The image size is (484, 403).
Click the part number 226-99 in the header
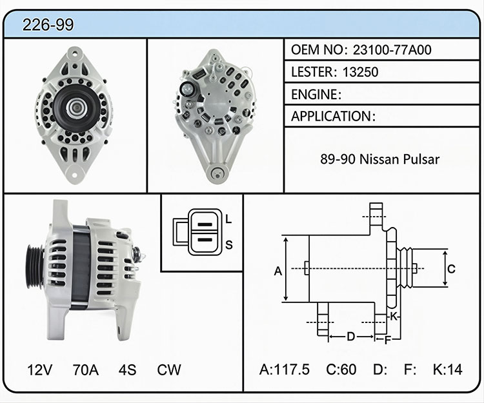(x=48, y=25)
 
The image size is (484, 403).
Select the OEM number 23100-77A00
(x=392, y=50)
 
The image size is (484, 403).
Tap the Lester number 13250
(x=360, y=72)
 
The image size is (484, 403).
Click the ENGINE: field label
(x=316, y=94)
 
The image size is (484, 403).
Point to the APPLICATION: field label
(x=333, y=116)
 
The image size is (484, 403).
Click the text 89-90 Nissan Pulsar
(x=379, y=159)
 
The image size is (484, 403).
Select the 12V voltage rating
(x=40, y=369)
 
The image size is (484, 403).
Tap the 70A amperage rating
(x=85, y=369)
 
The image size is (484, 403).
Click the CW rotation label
(x=169, y=369)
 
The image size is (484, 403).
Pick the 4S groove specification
(x=127, y=369)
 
